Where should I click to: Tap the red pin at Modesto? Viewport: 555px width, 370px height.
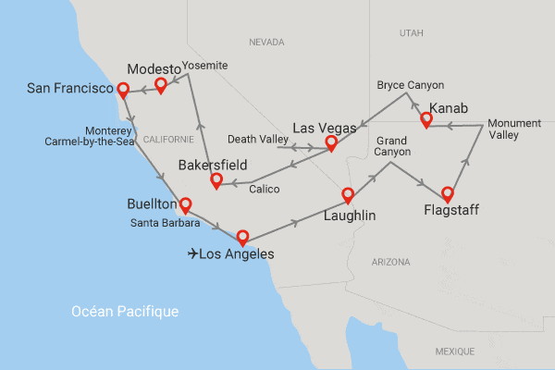161,83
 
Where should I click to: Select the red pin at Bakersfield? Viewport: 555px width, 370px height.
216,179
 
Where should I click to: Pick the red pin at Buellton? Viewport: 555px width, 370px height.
185,203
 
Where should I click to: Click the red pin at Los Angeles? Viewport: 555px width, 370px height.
242,235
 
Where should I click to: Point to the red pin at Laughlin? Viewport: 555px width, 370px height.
349,193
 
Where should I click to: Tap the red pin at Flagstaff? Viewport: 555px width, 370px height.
448,193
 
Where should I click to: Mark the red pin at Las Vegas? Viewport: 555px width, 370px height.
332,142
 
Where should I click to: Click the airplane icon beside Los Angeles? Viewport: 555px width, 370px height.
192,253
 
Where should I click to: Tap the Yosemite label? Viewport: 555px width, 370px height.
204,65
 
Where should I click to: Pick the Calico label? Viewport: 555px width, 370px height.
262,188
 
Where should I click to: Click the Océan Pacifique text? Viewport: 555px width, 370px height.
124,312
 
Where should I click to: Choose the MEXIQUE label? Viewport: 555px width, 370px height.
454,351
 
